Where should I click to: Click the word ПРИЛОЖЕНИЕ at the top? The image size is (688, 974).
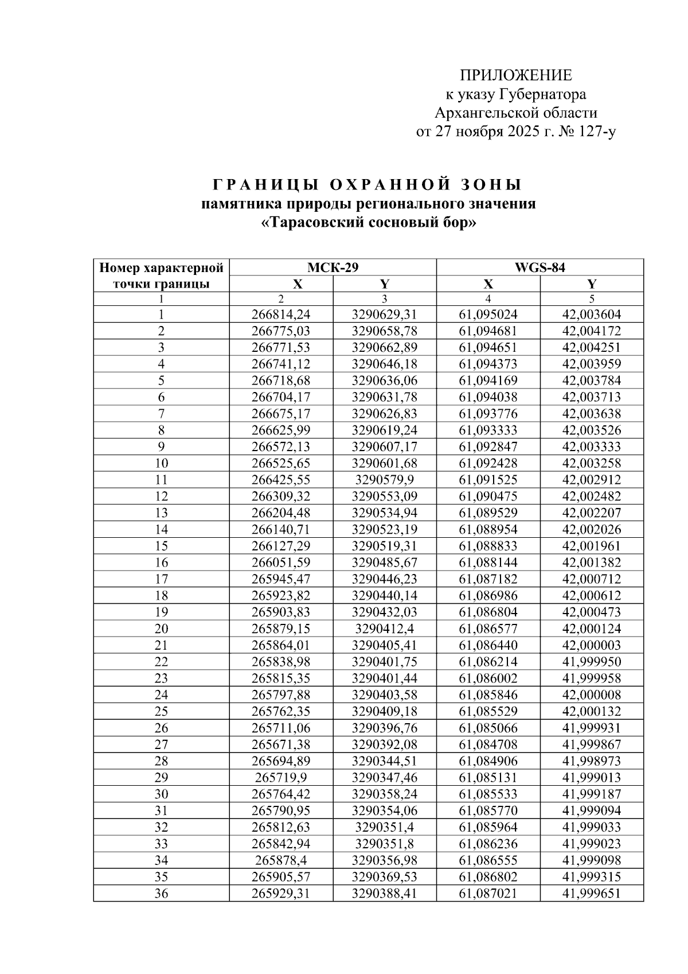[515, 76]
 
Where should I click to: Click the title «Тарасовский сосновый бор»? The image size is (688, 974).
[369, 222]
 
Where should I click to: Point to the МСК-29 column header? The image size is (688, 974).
[333, 267]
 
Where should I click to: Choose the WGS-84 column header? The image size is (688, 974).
[540, 267]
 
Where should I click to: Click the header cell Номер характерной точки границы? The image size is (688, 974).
[161, 275]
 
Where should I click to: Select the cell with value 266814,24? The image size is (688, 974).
[281, 315]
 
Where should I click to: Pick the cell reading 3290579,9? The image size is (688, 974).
[384, 480]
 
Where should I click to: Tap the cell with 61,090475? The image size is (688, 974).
[488, 496]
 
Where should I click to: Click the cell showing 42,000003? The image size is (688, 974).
[591, 645]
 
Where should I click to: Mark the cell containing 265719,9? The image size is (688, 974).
[281, 778]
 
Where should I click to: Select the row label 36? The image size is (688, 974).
[161, 894]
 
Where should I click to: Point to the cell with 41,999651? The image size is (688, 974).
[591, 894]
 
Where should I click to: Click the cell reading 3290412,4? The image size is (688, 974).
[384, 628]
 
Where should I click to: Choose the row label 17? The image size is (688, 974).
[161, 579]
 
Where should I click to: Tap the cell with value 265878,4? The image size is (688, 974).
[281, 860]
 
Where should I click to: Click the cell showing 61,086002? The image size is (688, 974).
[488, 678]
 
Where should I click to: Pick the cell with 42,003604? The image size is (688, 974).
[591, 315]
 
